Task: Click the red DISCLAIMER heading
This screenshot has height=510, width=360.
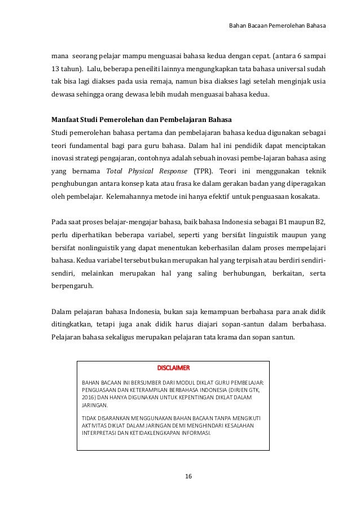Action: pos(174,368)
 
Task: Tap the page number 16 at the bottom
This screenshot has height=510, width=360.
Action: pos(188,477)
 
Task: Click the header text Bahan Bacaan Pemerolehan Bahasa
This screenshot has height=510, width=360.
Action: pos(280,25)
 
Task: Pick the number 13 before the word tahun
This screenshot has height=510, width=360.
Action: pos(56,69)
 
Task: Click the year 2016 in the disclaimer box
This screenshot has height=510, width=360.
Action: pos(89,398)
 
